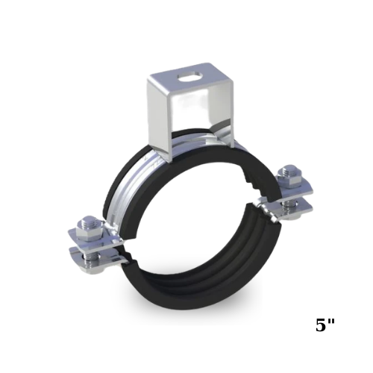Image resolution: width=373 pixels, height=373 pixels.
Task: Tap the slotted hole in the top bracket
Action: tap(189, 75)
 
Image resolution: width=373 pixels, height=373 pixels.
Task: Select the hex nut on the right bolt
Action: tap(289, 178)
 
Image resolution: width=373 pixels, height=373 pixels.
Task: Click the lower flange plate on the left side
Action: tap(97, 259)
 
